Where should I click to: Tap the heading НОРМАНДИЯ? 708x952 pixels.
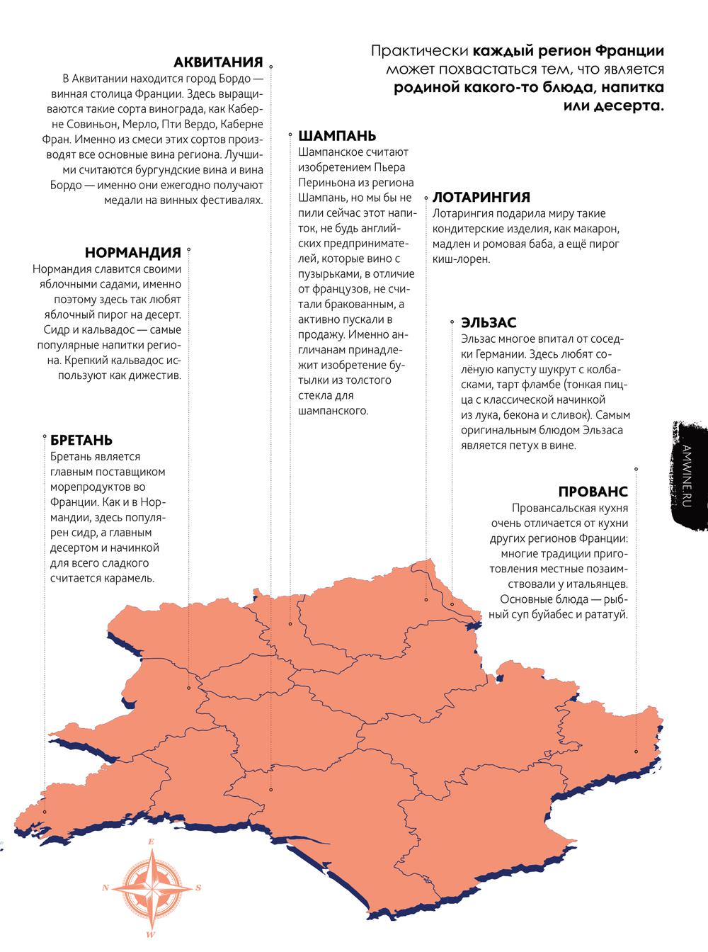point(133,253)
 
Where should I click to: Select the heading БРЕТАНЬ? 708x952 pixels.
point(81,441)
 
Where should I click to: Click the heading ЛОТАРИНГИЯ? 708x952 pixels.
point(481,198)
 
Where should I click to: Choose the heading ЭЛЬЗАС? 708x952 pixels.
point(489,323)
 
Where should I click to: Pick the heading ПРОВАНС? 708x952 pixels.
point(593,492)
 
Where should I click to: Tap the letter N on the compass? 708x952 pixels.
point(105,887)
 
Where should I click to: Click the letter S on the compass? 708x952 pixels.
point(199,887)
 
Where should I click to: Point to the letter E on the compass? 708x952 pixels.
point(151,842)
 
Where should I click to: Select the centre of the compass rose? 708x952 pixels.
point(152,887)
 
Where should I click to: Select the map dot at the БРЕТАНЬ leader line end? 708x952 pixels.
point(45,812)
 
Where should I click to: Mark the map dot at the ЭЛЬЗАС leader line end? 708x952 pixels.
point(452,604)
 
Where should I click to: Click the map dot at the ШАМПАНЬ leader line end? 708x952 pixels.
point(290,624)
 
